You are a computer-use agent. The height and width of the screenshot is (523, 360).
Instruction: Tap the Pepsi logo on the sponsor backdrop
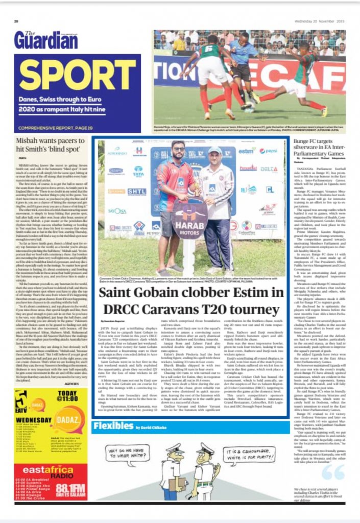268,151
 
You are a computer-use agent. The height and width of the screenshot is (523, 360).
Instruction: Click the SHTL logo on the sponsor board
137,192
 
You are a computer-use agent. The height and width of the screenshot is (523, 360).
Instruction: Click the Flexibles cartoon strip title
113,426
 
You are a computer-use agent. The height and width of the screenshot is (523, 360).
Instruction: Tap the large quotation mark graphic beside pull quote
332,472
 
